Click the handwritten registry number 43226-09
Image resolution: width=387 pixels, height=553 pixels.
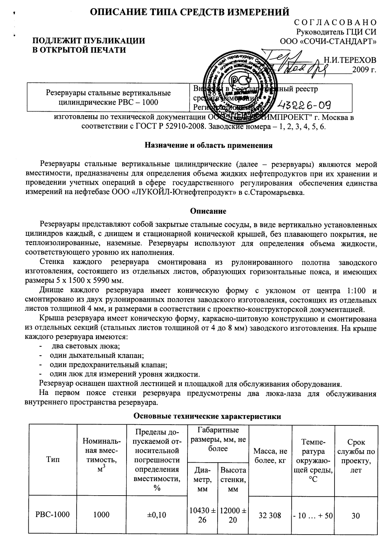tap(304, 105)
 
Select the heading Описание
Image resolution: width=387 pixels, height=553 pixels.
tap(208, 211)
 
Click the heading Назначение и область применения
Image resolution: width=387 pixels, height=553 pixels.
tap(209, 145)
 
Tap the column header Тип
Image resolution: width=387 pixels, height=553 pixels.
tap(52, 460)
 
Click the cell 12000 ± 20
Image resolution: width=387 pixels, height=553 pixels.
tap(233, 515)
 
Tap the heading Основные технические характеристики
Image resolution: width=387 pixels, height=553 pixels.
tap(207, 417)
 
